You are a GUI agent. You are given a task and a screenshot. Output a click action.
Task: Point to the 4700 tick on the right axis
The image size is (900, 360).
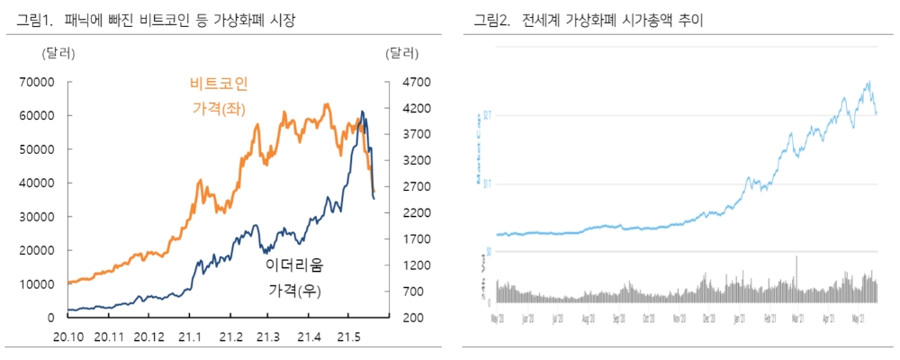click(402, 82)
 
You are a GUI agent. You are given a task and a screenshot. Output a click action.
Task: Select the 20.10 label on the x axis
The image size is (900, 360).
click(68, 337)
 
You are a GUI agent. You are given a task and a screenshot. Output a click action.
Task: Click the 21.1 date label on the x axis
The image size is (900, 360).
click(189, 337)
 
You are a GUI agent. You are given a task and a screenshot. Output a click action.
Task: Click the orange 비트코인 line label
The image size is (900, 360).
click(219, 84)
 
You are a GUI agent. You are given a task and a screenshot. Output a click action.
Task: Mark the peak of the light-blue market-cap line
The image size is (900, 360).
click(868, 82)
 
